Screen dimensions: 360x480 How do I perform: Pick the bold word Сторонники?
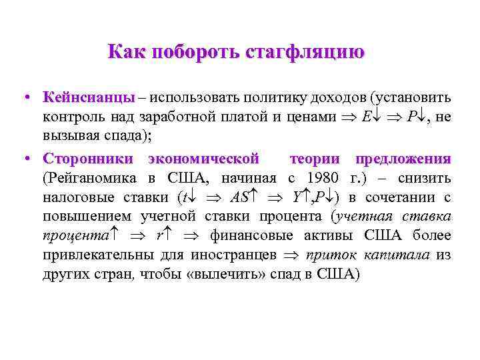(90, 159)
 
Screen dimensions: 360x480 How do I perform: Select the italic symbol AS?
(239, 198)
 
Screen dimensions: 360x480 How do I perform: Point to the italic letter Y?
(297, 198)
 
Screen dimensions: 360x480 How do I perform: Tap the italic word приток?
(327, 255)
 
